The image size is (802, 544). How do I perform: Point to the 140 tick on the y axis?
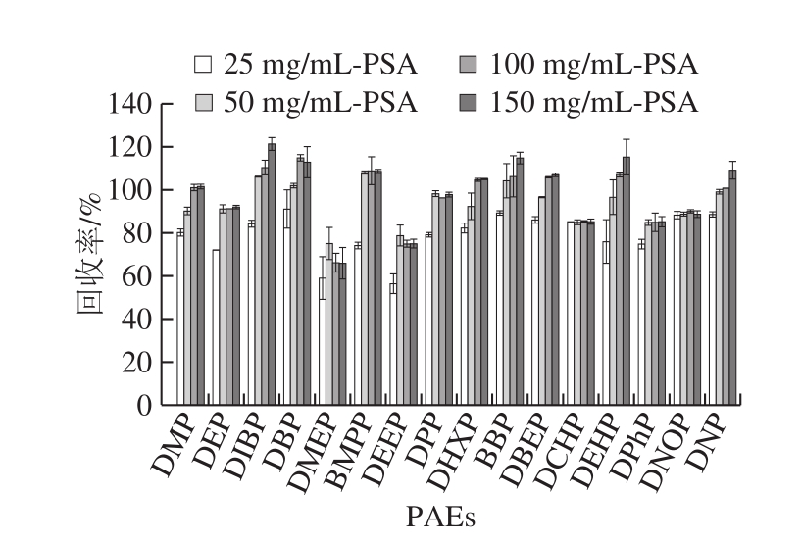pos(130,104)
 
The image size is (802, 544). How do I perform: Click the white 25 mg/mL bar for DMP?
pos(180,319)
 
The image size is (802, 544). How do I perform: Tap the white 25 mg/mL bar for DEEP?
pos(393,344)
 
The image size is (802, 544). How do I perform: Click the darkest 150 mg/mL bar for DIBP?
pos(272,274)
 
